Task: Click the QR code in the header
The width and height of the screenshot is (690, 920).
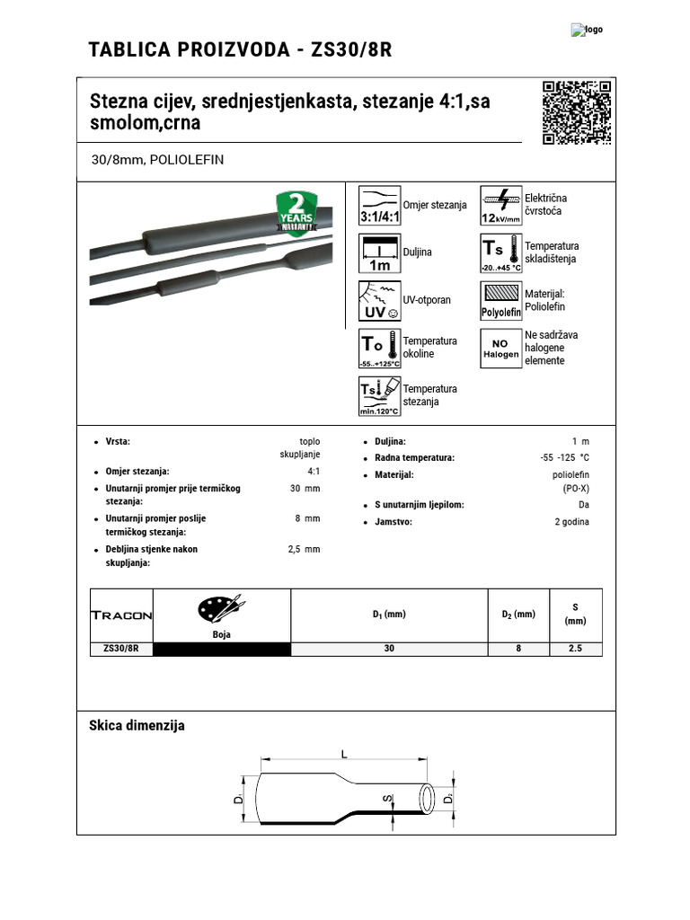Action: [x=578, y=112]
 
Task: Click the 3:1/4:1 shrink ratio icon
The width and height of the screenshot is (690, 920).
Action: [x=380, y=206]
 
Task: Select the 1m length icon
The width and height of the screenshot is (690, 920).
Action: [x=380, y=253]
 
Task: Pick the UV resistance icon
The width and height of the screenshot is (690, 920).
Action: [x=380, y=301]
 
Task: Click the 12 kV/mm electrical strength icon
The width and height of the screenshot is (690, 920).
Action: [x=501, y=206]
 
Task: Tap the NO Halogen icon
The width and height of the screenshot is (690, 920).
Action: [x=501, y=349]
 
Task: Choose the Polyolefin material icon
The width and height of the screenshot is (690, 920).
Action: [x=501, y=301]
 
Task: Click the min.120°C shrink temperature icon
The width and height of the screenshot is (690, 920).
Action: [x=380, y=396]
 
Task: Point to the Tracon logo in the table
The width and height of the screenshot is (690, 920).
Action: [x=122, y=615]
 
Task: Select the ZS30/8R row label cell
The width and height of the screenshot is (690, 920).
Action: [x=122, y=649]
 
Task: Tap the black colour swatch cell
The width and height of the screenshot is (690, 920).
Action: [x=222, y=649]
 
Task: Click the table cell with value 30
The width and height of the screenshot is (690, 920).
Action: [x=389, y=649]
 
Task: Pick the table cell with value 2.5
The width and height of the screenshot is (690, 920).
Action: [x=575, y=649]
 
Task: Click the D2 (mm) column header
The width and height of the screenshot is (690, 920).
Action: [x=518, y=615]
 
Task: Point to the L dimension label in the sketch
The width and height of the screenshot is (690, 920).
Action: [x=344, y=755]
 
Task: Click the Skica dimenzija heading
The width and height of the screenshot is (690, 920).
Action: [x=137, y=725]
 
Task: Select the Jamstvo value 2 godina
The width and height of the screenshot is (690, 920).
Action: [x=571, y=522]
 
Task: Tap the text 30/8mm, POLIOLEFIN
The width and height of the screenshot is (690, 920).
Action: [x=157, y=160]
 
